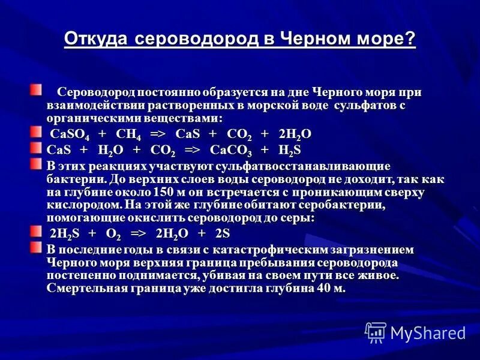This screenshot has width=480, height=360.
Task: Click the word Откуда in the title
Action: (96, 40)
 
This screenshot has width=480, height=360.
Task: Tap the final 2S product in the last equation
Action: (223, 233)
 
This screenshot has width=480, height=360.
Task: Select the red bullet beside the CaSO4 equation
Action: (37, 131)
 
